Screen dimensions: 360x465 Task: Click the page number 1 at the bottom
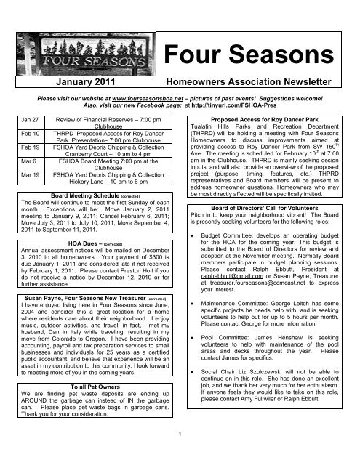[180, 453]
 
